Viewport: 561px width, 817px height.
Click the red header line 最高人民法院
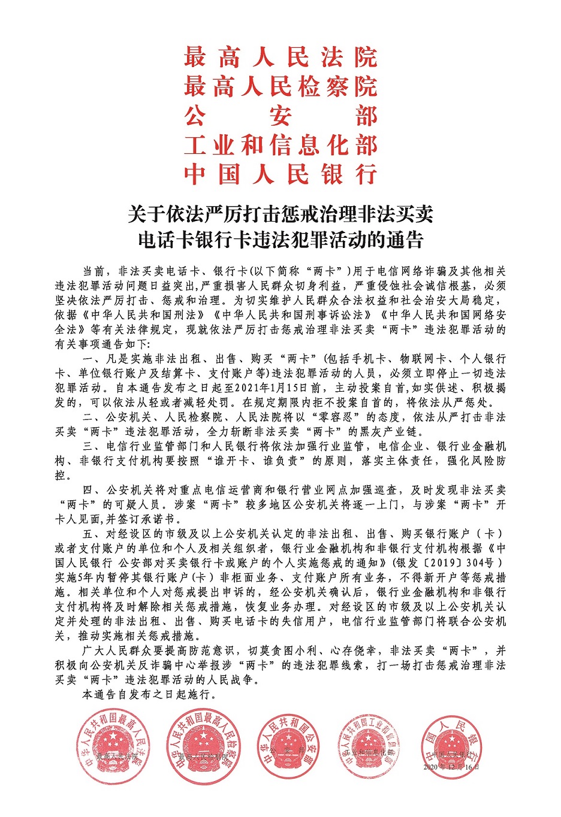pyautogui.click(x=280, y=58)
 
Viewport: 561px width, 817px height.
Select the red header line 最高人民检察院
pyautogui.click(x=280, y=87)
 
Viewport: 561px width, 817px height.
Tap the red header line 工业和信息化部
pyautogui.click(x=280, y=146)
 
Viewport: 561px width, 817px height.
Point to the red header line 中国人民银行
pyautogui.click(x=280, y=174)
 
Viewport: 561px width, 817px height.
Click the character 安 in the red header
pyautogui.click(x=280, y=116)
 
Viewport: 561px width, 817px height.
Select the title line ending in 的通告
pyautogui.click(x=280, y=240)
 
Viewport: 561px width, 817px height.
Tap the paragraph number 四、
pyautogui.click(x=90, y=491)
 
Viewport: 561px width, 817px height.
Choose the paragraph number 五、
pyautogui.click(x=90, y=534)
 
